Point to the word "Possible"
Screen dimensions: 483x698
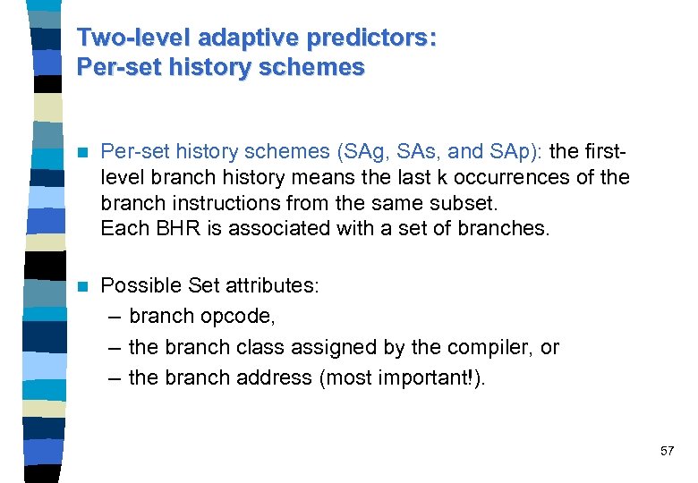(x=141, y=286)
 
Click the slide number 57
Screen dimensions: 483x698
(x=667, y=451)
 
